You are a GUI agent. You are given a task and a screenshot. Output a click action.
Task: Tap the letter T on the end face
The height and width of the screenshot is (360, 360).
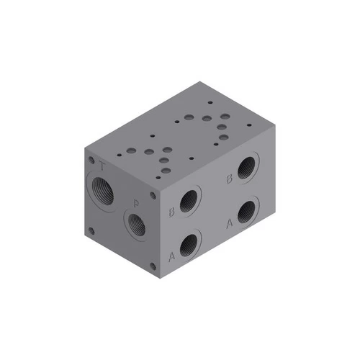point(104,168)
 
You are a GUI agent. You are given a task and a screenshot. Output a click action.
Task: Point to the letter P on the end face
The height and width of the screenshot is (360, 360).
point(136,202)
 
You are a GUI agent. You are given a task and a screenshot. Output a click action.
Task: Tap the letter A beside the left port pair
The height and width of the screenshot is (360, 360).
point(171,256)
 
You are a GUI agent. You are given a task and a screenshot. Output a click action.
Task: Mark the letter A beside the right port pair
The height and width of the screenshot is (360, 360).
point(230,223)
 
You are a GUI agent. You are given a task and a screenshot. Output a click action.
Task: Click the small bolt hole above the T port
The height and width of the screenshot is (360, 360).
point(91,160)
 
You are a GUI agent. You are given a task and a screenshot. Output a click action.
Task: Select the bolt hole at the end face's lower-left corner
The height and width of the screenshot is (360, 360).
point(91,231)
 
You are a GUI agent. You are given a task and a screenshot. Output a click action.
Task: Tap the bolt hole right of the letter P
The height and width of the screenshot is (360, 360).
point(153,194)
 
